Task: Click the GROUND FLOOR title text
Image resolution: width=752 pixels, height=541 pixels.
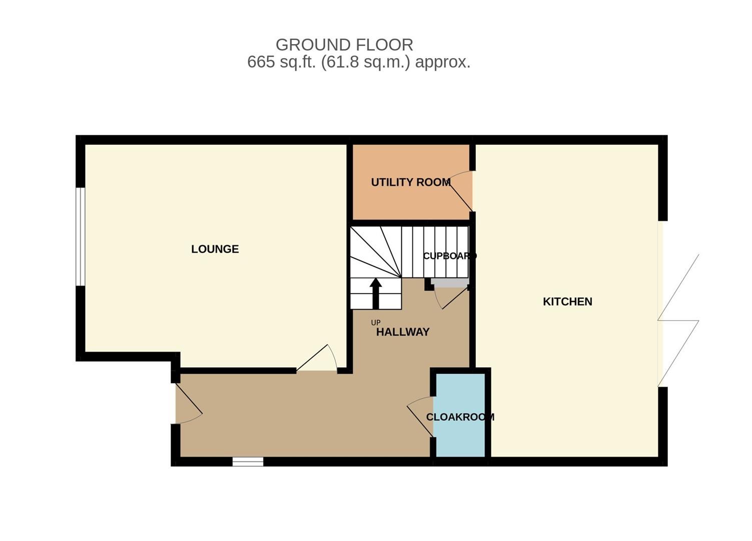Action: [344, 45]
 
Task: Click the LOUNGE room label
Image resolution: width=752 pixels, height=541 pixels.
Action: [215, 249]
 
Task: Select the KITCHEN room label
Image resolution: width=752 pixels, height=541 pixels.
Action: [567, 302]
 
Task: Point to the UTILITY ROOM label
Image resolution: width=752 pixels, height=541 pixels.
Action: [411, 182]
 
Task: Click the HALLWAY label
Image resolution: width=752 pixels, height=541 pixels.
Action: [403, 332]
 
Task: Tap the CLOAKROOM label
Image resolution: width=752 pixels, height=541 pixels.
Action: [460, 417]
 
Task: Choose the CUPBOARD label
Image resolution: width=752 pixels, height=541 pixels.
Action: [449, 256]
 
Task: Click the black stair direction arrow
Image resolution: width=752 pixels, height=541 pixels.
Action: [375, 293]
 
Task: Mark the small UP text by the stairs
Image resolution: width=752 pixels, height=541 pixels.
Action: [376, 323]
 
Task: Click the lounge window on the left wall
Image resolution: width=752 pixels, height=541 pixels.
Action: [80, 236]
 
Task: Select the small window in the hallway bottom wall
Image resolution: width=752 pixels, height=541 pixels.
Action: [248, 461]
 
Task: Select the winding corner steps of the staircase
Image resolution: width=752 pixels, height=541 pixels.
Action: [375, 253]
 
